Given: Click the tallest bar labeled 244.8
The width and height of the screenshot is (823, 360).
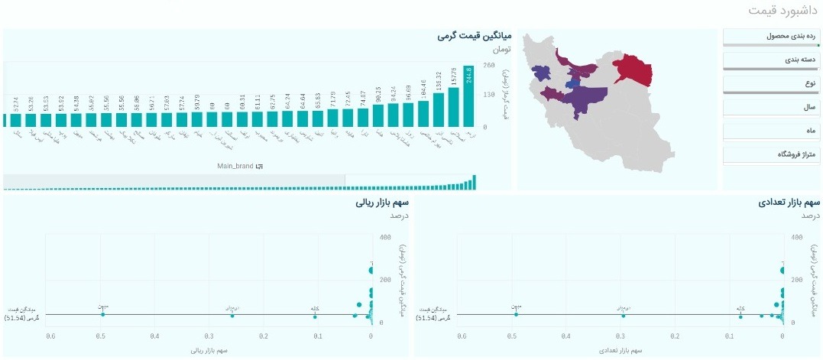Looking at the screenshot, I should click(x=468, y=96).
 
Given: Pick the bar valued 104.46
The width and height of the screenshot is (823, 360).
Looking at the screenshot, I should click(x=423, y=115).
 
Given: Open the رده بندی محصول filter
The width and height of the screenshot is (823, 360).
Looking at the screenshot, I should click(x=770, y=36).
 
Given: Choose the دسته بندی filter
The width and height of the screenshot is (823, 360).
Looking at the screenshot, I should click(x=770, y=59).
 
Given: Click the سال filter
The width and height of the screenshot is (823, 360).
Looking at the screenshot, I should click(x=770, y=108).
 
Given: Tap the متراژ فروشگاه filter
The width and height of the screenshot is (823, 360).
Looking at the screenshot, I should click(x=770, y=154).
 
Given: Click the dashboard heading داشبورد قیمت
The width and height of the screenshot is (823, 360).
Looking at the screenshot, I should click(x=781, y=11).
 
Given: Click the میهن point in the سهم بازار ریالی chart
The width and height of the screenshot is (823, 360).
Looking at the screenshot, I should click(x=103, y=314).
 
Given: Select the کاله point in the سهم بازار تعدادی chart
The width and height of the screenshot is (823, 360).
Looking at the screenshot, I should click(x=740, y=314).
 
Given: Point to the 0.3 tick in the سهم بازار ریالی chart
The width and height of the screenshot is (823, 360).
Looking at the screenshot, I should click(x=209, y=336).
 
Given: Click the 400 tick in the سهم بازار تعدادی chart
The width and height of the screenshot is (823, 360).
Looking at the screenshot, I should click(x=798, y=238).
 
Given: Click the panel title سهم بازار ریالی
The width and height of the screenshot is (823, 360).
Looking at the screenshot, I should click(x=382, y=203).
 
